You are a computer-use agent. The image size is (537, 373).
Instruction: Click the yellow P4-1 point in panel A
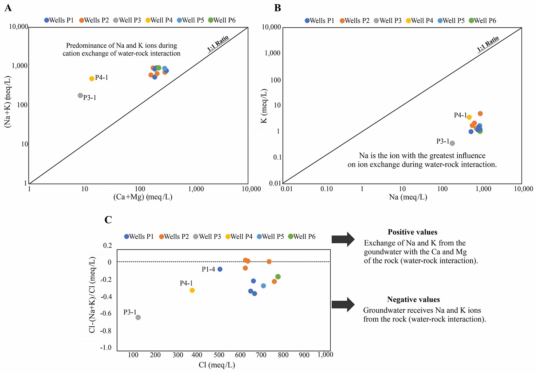(92, 78)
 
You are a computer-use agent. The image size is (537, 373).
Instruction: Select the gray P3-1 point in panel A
(80, 95)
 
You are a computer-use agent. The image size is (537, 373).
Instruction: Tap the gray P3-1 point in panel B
(452, 143)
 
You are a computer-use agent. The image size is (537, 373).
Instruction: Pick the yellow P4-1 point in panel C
(192, 290)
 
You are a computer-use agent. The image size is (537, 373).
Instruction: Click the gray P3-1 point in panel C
(138, 317)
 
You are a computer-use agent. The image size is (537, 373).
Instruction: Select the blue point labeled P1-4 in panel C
(220, 269)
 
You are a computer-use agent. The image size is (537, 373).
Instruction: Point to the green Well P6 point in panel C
(278, 277)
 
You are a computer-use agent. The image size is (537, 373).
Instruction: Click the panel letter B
(278, 8)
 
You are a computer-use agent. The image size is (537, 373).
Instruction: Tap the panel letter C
(108, 220)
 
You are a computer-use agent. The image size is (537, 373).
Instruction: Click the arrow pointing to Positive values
(343, 239)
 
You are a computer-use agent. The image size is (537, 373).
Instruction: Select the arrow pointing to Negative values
(343, 305)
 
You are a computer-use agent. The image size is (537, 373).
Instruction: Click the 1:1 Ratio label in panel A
(218, 43)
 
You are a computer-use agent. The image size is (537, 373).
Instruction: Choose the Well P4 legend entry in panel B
(419, 21)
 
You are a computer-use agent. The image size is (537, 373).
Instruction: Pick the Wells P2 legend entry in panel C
(174, 237)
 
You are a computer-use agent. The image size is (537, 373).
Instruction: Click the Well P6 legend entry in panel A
(222, 20)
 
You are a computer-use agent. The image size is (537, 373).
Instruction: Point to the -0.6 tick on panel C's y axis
(106, 313)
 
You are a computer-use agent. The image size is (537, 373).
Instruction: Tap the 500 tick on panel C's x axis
(219, 355)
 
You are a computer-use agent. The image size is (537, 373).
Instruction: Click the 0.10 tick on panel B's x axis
(326, 189)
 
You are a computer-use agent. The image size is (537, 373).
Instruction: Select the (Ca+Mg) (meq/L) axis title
(143, 197)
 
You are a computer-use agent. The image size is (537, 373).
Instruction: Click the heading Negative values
(413, 299)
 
